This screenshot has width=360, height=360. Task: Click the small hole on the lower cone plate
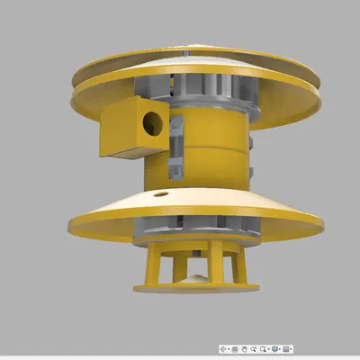click(160, 193)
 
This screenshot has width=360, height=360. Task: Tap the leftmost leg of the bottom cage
click(150, 267)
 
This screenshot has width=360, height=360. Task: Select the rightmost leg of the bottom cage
click(240, 267)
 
